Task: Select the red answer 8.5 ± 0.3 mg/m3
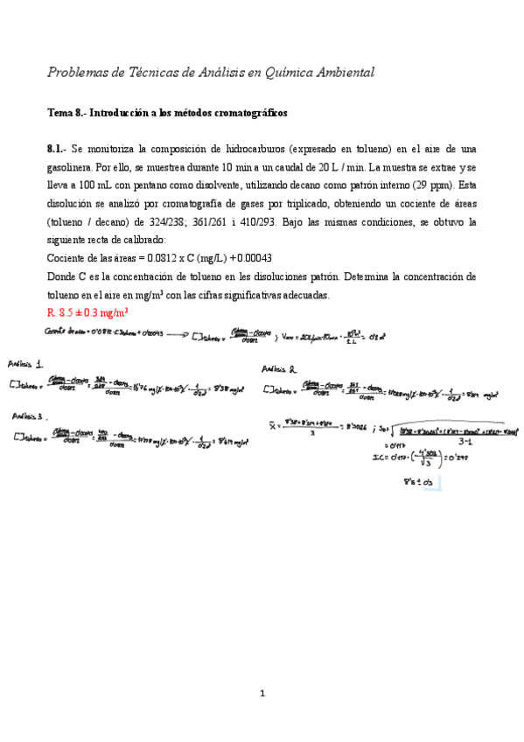(89, 311)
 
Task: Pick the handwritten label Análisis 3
(31, 416)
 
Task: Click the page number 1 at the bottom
(262, 694)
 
